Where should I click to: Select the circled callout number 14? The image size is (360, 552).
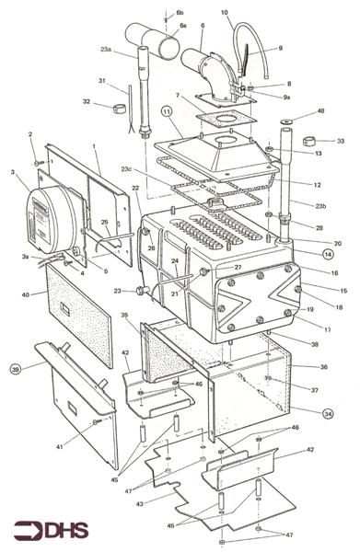pos(328,252)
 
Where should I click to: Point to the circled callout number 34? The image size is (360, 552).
pos(328,413)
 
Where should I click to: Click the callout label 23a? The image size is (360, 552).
pos(106,49)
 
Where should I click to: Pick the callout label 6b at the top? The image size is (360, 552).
pos(179,15)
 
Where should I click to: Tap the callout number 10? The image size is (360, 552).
pos(225,13)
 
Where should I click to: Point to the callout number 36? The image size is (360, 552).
pos(323,367)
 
